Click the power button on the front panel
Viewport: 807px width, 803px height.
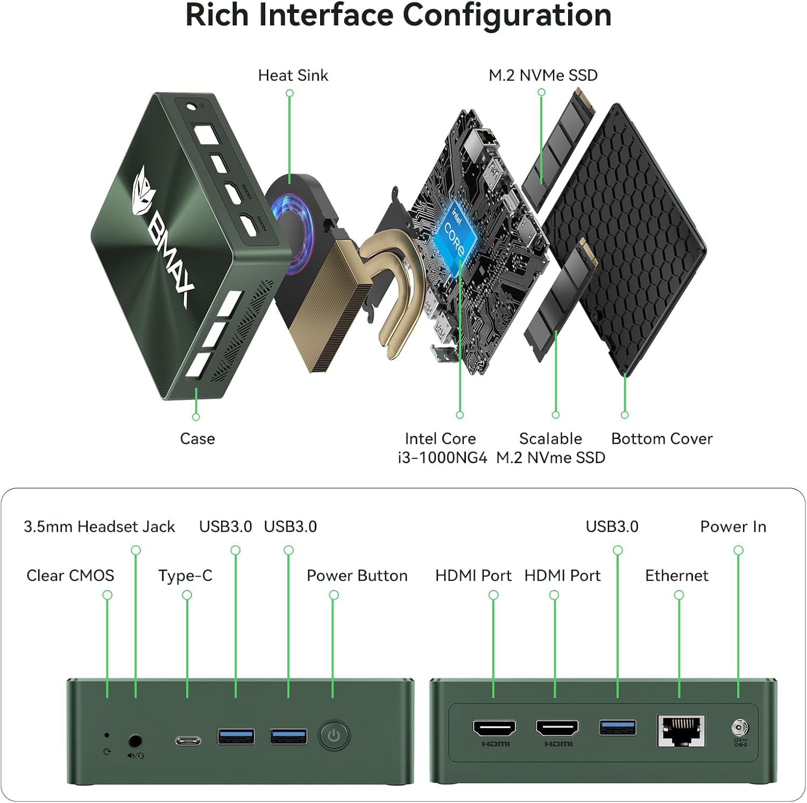[x=334, y=735]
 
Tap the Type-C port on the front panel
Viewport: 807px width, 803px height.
[x=188, y=741]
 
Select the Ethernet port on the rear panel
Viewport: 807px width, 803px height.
[x=681, y=731]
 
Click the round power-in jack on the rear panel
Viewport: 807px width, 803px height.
[x=739, y=728]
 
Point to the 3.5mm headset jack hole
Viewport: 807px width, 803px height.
[x=136, y=742]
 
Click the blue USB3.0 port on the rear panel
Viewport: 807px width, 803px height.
[x=618, y=728]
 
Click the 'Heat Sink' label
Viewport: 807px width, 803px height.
[x=293, y=75]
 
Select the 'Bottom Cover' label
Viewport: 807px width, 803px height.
[x=662, y=439]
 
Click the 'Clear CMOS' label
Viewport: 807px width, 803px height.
[x=70, y=575]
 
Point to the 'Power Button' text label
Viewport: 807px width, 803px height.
[x=357, y=575]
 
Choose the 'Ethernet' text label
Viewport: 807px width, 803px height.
[x=676, y=575]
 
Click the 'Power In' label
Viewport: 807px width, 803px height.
[x=733, y=527]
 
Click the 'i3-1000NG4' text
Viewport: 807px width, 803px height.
[x=442, y=458]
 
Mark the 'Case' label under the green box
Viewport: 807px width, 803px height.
[x=197, y=439]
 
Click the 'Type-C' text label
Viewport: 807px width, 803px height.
[x=185, y=575]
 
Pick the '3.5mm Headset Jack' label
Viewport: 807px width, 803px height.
[x=100, y=527]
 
